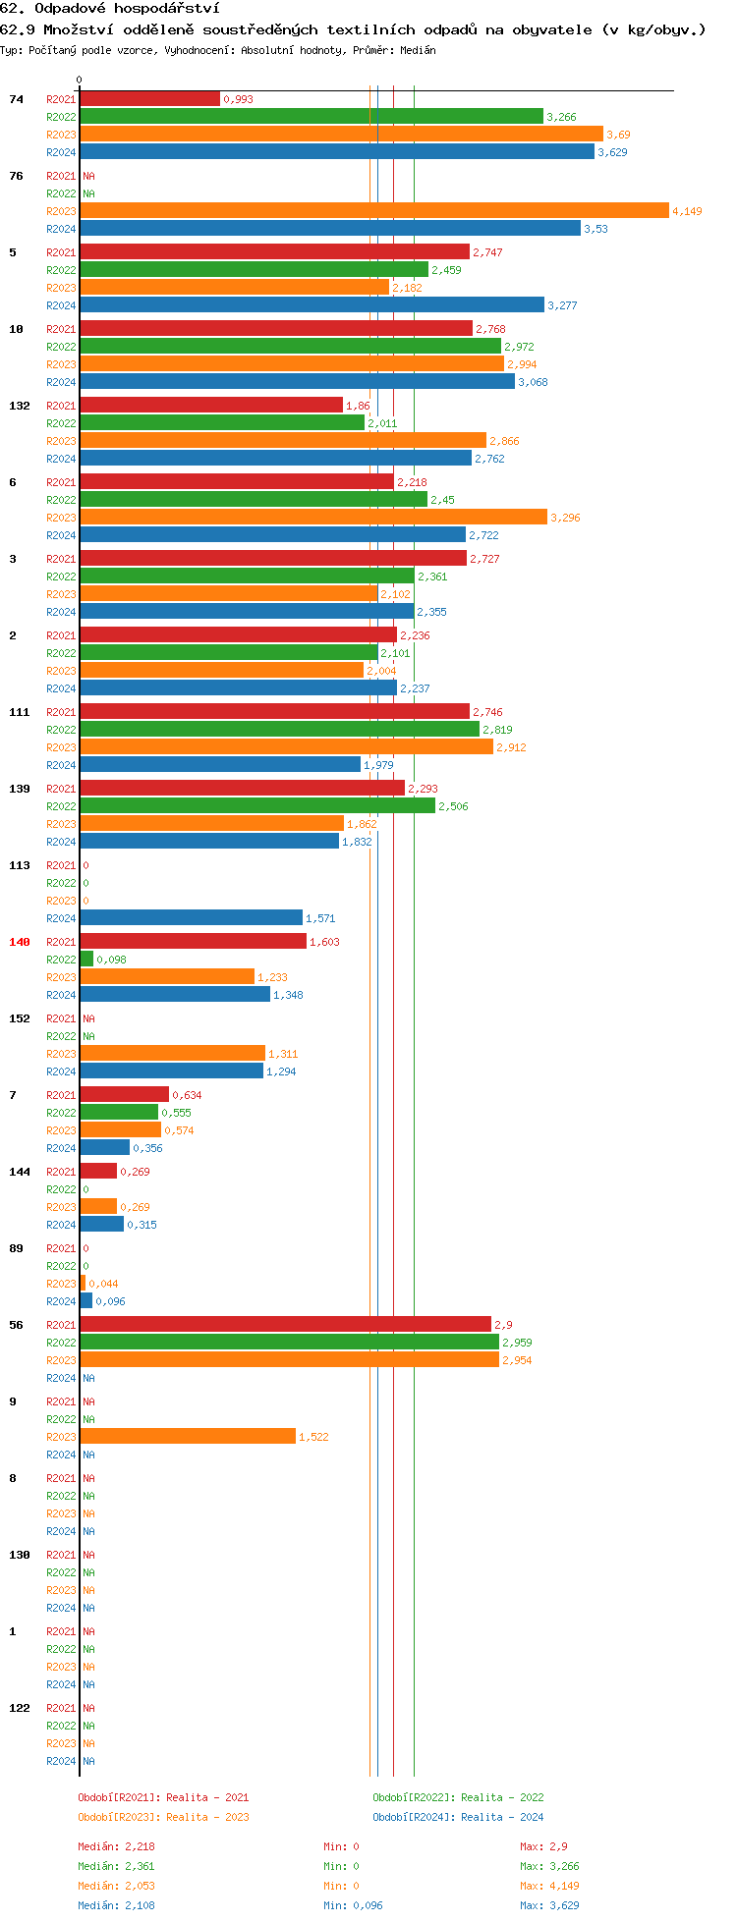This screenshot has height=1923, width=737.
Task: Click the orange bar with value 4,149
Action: (x=373, y=211)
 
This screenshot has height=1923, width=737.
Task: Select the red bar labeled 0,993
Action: (x=149, y=99)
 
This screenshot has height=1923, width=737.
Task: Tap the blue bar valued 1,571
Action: (x=191, y=918)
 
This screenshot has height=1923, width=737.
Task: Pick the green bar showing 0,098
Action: (x=86, y=960)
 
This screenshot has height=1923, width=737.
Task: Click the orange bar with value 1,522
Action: (x=188, y=1437)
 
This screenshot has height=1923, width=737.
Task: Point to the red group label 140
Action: (x=20, y=942)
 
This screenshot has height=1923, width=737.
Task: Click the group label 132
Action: (x=20, y=406)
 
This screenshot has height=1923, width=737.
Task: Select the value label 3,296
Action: (x=565, y=518)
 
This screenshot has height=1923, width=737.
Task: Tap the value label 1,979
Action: (x=378, y=765)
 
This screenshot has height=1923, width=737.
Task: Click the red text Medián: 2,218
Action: (x=116, y=1846)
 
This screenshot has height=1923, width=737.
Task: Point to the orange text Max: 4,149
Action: (x=549, y=1886)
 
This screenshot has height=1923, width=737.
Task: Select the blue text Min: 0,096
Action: (x=353, y=1905)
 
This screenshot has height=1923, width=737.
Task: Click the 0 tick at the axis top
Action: (x=80, y=81)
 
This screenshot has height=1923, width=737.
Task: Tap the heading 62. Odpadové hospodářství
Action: (x=110, y=9)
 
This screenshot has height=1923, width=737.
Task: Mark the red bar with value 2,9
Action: (x=285, y=1325)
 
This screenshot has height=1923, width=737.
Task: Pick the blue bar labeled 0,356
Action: (x=104, y=1148)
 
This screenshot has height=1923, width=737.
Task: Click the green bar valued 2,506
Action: (x=257, y=806)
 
